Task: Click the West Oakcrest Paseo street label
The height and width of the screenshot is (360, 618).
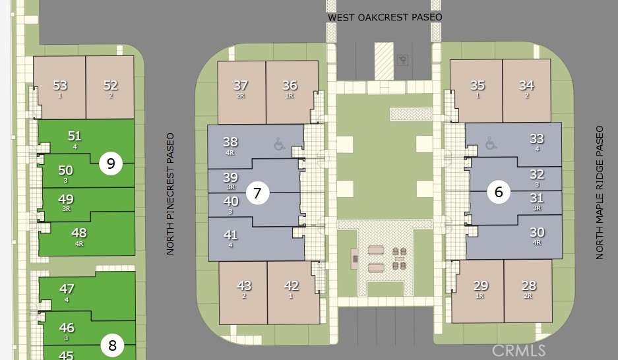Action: pos(385,17)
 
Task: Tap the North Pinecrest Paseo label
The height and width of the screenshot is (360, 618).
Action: pos(170,194)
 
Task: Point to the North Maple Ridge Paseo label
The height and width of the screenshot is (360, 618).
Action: pos(600,193)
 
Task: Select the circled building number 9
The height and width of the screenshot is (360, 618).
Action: pos(111,164)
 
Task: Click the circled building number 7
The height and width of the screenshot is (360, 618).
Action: pos(257,193)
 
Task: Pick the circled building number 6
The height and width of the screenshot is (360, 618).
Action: pos(499,192)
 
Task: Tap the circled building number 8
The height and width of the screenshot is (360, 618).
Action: pos(112,345)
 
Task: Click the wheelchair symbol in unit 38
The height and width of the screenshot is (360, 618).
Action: pos(280,144)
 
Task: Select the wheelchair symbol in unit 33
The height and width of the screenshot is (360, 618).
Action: pos(491,142)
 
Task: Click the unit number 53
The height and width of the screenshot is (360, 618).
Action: pos(60,85)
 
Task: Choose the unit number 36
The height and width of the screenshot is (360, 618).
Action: pos(290,85)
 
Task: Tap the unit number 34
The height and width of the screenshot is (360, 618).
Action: pos(526,85)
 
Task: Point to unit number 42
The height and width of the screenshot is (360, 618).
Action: pos(292,285)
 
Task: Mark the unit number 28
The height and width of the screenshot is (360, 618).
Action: pos(528,285)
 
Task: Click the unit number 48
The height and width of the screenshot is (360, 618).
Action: pos(79,233)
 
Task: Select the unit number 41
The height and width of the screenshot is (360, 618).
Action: pos(231,235)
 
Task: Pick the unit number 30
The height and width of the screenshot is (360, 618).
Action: pos(537,232)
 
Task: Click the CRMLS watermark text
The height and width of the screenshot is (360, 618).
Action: pos(518,350)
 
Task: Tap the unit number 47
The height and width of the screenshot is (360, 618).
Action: pos(67,289)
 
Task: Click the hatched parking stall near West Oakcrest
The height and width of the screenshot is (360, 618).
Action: pos(384,61)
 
